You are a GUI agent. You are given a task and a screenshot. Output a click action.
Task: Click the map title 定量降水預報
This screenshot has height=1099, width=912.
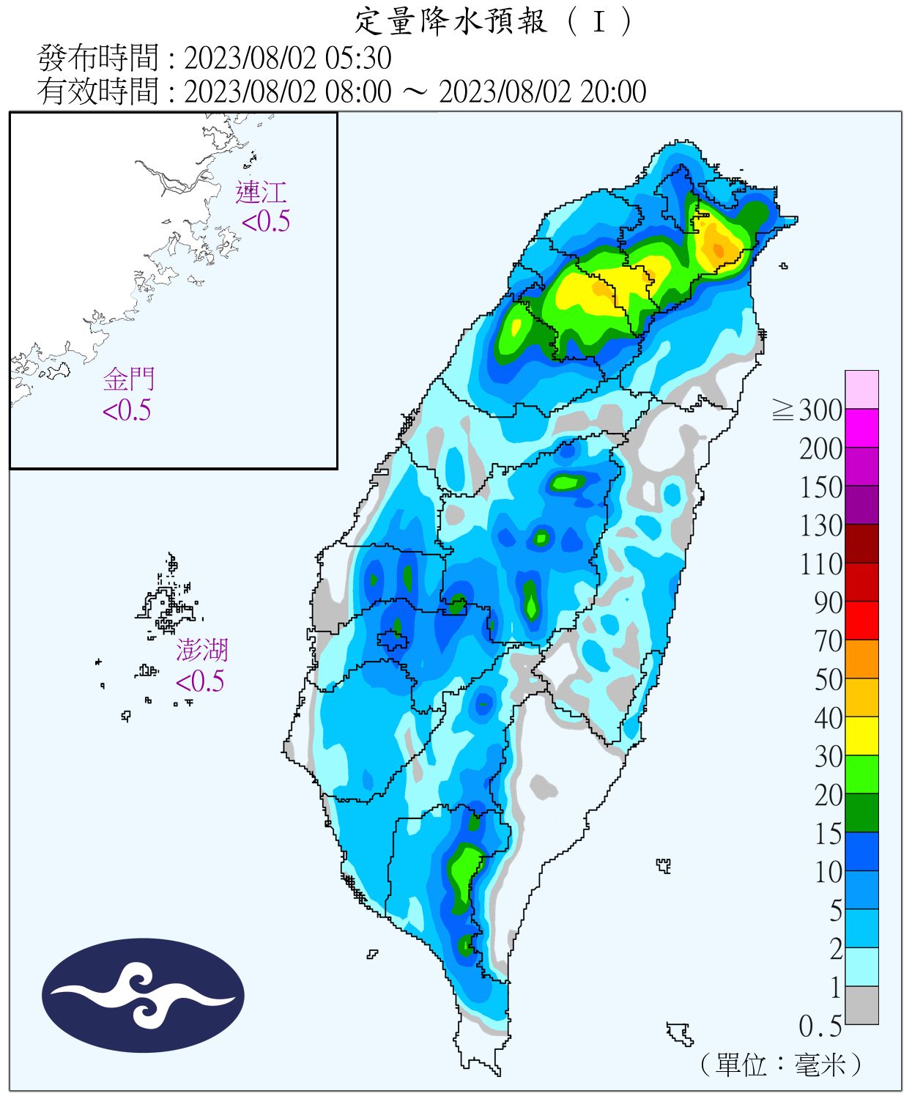[451, 22]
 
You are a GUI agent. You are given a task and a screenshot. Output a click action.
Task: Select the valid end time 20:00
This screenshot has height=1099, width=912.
[613, 92]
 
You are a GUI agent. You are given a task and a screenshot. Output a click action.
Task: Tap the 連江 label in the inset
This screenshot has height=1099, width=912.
[261, 193]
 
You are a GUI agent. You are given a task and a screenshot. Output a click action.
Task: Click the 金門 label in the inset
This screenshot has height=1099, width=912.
[129, 380]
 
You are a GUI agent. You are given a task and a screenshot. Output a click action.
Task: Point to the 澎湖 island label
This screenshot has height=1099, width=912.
[201, 650]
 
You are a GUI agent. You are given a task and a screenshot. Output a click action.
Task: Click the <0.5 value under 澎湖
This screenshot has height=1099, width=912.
[200, 681]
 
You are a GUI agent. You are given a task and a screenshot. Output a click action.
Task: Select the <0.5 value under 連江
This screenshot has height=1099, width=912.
[265, 221]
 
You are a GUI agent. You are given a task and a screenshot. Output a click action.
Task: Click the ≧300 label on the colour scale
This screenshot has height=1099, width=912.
[808, 410]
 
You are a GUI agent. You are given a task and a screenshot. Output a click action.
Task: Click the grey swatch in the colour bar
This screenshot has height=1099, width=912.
[861, 1005]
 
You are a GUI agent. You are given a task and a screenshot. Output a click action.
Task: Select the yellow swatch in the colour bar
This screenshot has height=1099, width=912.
[861, 736]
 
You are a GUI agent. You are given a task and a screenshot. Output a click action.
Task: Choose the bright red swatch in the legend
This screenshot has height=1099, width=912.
[861, 620]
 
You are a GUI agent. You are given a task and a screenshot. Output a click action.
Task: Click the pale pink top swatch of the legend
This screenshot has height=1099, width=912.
[861, 389]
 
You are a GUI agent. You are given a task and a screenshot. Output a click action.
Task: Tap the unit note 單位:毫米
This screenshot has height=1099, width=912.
[781, 1064]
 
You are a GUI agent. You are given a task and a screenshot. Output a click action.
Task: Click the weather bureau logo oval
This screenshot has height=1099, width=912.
[143, 996]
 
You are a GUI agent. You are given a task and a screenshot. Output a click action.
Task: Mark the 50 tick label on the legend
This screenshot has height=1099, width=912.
[828, 680]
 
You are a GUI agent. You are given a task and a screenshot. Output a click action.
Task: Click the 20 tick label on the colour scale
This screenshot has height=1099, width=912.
[828, 796]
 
